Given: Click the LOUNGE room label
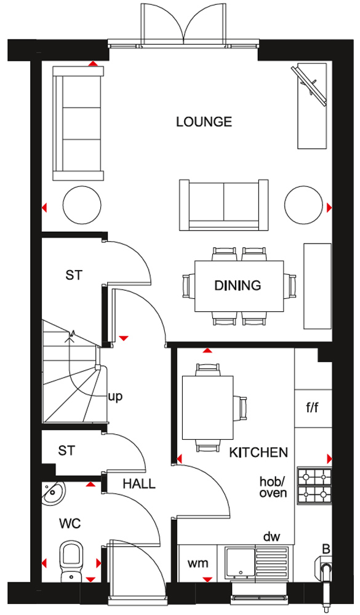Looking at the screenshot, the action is point(204,122).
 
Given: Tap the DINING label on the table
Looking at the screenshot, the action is point(238,285).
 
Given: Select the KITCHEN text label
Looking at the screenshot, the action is point(258,453).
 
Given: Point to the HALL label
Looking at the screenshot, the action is point(139,484).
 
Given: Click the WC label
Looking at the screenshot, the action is point(70,523).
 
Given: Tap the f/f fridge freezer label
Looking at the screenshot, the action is point(313,408).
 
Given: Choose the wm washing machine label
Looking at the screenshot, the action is point(198,563).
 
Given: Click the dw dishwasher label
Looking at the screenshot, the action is point(271,536).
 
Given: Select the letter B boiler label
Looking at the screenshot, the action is point(326,549).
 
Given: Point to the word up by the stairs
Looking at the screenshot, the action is point(115,397).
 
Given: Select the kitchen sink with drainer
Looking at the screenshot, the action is point(257,563).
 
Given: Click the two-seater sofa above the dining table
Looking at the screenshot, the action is point(224,205).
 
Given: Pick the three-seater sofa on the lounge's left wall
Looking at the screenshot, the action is point(78,123).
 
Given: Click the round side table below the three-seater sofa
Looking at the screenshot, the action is point(82,205).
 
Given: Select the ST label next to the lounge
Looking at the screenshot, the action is point(74,276).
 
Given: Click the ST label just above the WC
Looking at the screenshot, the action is point(66,451).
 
